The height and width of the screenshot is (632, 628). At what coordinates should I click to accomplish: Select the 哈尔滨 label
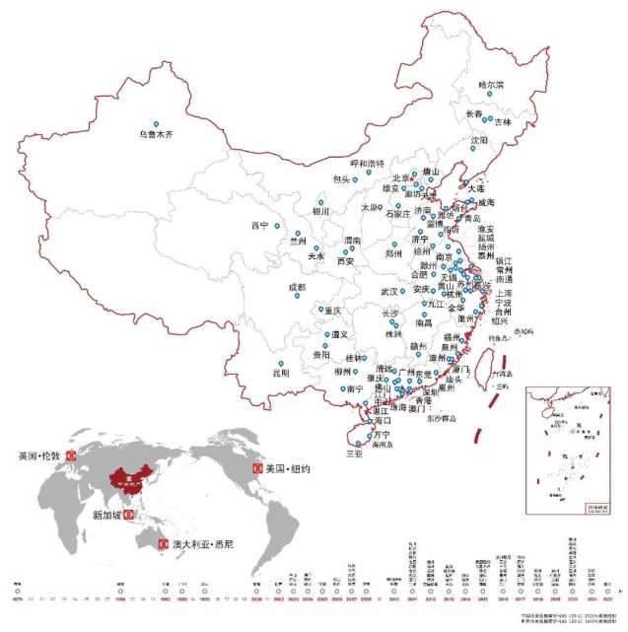click(x=490, y=85)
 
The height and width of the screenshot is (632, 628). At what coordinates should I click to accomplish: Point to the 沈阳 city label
click(x=479, y=141)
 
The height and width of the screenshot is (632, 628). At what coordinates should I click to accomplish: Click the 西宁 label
click(x=259, y=225)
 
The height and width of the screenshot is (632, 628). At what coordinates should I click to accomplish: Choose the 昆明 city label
click(x=280, y=373)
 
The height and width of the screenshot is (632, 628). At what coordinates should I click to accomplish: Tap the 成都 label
click(x=297, y=287)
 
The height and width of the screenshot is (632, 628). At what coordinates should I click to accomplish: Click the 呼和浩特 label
click(x=368, y=163)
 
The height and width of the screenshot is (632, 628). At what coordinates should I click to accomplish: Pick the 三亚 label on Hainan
click(x=354, y=454)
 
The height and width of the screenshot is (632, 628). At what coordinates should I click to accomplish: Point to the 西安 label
click(x=345, y=261)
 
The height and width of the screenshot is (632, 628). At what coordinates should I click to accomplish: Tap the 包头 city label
click(x=341, y=179)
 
